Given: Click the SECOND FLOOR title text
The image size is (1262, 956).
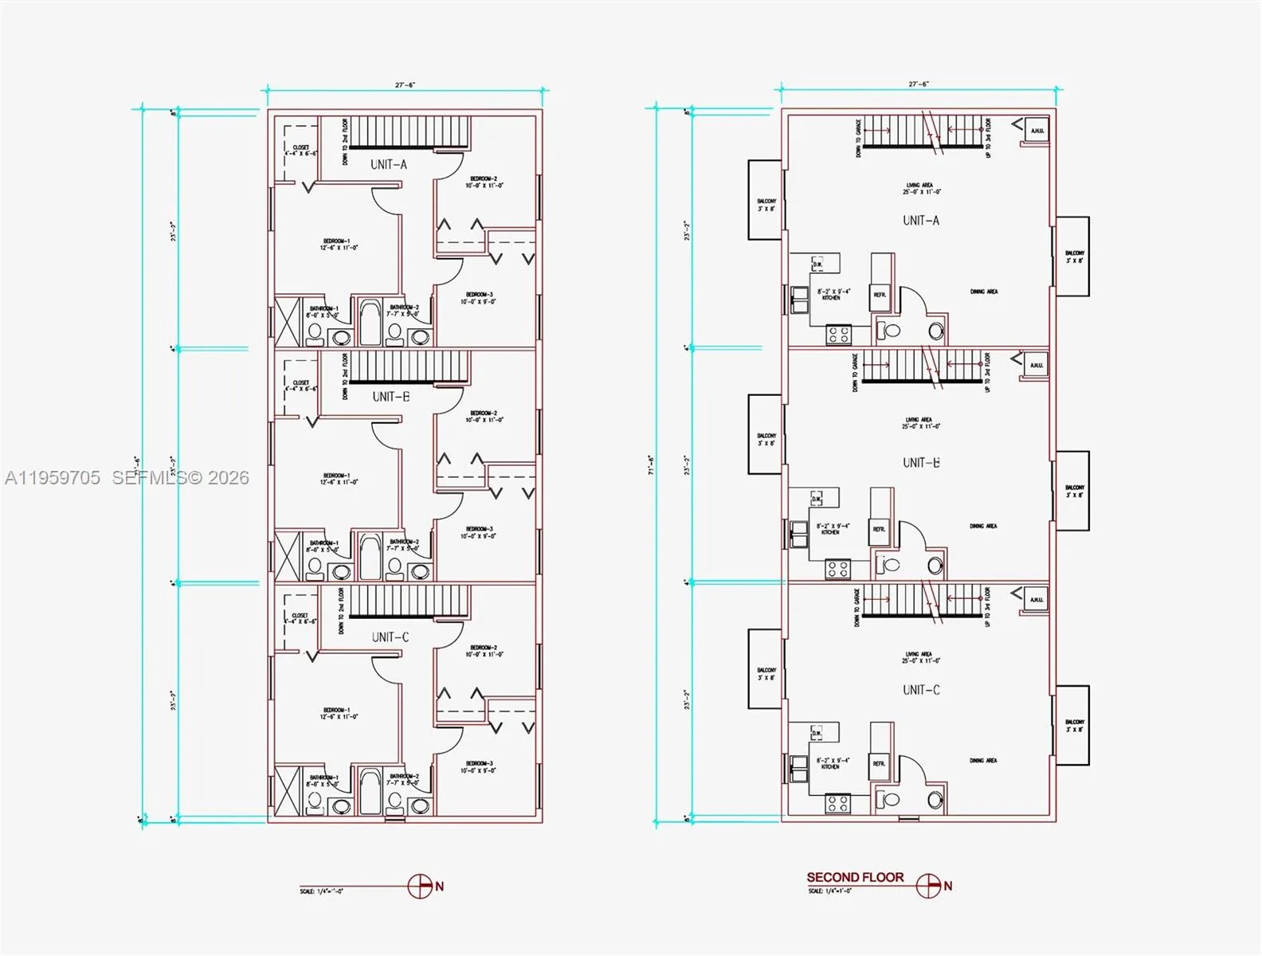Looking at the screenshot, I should [x=855, y=877].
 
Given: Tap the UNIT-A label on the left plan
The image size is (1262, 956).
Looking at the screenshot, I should [x=389, y=165].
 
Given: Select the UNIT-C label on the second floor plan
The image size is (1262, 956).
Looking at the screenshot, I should [x=921, y=690].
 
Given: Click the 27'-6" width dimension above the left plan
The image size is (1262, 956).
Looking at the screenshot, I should [x=405, y=85].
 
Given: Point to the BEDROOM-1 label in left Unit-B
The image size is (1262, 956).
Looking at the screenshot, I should [x=336, y=479].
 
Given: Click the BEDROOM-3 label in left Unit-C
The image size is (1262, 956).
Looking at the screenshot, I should [x=479, y=767].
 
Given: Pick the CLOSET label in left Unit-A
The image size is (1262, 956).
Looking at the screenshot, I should [x=300, y=151].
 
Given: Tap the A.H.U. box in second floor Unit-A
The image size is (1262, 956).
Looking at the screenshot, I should [x=1037, y=131].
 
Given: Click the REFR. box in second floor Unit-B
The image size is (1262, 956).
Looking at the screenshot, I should [x=879, y=529].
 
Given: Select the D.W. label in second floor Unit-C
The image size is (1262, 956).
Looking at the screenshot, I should [x=817, y=732].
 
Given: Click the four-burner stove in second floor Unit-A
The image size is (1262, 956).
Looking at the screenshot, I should [x=838, y=334].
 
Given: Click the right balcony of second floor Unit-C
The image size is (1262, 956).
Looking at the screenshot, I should [x=1073, y=725].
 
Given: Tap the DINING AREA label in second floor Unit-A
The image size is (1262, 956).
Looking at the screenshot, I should [x=983, y=292].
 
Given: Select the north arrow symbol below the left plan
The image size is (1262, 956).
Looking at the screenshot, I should [x=420, y=886].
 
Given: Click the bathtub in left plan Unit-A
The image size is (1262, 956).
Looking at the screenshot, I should [x=370, y=322].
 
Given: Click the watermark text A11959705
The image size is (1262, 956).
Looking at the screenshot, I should [x=53, y=478].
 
